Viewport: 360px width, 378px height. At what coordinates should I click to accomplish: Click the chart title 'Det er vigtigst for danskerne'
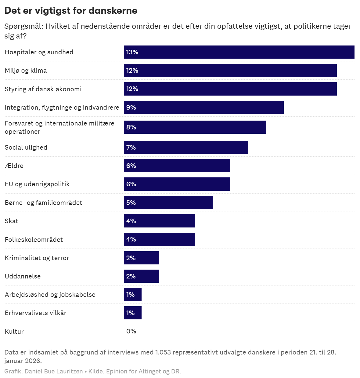tap(71, 11)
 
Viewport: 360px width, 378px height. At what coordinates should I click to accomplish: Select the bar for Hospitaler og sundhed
tap(239, 52)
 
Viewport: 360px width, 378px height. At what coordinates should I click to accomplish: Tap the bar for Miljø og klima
tap(230, 71)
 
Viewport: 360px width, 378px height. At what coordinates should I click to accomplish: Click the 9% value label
tap(131, 107)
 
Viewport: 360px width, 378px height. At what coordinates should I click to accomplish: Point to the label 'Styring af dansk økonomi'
tap(43, 89)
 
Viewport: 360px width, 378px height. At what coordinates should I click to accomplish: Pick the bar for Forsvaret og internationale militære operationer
tap(195, 127)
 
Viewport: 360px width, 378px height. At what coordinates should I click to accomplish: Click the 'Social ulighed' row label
tap(26, 147)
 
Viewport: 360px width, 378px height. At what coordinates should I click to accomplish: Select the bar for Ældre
tap(177, 166)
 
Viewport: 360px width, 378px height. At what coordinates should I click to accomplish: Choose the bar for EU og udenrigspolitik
tap(177, 184)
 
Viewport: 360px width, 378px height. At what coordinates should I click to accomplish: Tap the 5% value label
tap(131, 203)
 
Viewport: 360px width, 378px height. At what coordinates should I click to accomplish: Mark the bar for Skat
tap(159, 221)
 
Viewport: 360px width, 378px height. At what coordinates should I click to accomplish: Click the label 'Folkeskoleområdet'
tap(34, 240)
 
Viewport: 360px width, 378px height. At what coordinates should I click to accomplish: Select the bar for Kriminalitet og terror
tap(142, 258)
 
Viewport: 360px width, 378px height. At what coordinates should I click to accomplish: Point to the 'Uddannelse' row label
tap(23, 276)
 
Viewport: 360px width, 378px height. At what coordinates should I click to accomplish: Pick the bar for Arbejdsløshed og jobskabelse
tap(133, 295)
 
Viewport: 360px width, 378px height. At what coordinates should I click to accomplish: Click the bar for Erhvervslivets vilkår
tap(133, 313)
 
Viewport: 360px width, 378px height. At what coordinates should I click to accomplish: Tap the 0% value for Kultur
tap(131, 331)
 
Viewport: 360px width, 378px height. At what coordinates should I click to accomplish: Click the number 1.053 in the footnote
tap(163, 352)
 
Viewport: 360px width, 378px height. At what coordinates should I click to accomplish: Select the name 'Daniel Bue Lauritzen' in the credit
tap(54, 371)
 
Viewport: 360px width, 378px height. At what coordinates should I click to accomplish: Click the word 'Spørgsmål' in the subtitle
tap(23, 26)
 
